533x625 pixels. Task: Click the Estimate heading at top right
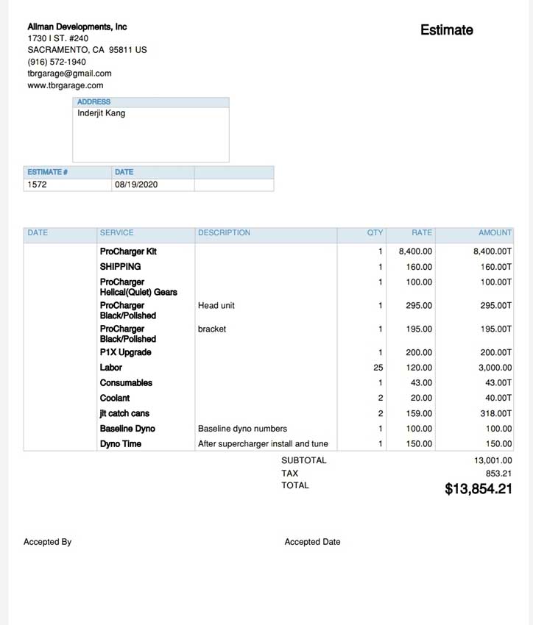[446, 30]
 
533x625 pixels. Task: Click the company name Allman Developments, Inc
[77, 26]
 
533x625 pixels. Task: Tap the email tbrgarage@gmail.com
[69, 74]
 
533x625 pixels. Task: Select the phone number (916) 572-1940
[57, 62]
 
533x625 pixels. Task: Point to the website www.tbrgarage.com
[66, 85]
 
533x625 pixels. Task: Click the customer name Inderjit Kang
[101, 113]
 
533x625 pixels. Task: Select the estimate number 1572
[37, 185]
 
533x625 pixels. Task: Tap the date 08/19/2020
[136, 185]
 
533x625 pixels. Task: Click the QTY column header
[375, 232]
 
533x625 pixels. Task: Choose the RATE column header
[422, 232]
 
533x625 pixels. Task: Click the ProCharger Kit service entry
[128, 251]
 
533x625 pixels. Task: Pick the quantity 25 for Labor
[378, 368]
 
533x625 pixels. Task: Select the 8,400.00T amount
[492, 251]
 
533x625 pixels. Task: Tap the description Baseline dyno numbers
[242, 429]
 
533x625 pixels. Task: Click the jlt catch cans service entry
[124, 413]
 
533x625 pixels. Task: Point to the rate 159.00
[419, 413]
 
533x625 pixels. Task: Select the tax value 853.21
[498, 474]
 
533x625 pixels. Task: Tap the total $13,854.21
[478, 489]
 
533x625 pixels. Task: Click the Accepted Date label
[312, 542]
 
